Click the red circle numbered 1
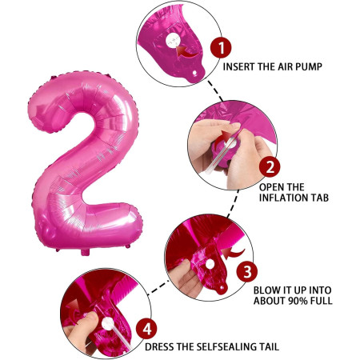click(219, 47)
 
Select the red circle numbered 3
click(249, 271)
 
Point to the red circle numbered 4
click(146, 328)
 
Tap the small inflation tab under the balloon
click(86, 254)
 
